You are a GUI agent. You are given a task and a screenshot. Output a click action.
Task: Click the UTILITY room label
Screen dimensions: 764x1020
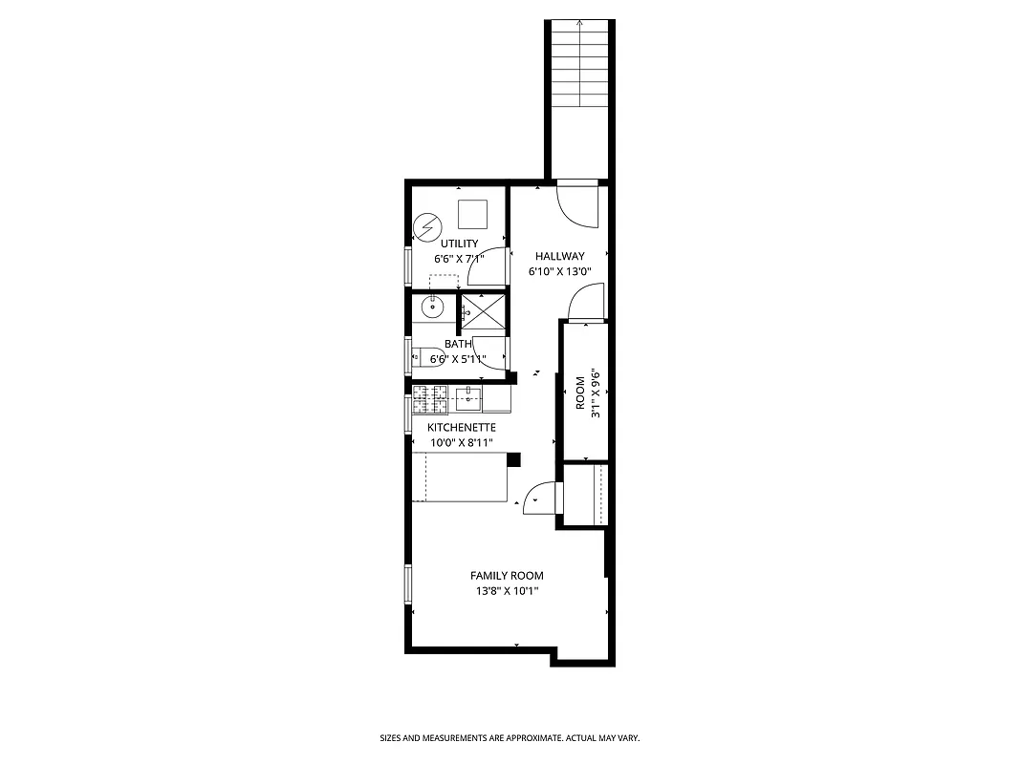coord(459,244)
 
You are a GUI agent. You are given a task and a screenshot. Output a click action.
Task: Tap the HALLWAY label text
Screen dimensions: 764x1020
coord(559,256)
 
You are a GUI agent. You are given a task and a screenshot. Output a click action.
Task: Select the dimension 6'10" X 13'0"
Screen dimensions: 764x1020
coord(560,270)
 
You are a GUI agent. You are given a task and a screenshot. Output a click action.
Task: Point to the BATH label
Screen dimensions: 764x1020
coord(457,344)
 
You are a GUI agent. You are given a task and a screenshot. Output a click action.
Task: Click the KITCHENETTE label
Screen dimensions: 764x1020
coord(461,427)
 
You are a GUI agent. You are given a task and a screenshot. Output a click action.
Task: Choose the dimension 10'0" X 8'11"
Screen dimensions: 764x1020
coord(461,442)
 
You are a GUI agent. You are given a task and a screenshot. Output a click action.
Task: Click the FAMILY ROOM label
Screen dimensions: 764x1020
coord(507,575)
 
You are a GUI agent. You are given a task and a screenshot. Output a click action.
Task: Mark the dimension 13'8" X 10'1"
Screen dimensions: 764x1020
coord(507,590)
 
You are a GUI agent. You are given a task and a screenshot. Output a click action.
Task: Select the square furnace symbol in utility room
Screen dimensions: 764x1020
coord(473,214)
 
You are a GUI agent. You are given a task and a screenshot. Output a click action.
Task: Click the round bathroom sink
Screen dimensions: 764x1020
coord(431,306)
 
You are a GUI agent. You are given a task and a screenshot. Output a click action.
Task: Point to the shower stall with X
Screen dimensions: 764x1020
coord(485,312)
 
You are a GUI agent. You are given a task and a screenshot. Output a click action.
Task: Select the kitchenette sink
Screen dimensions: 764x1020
coord(467,396)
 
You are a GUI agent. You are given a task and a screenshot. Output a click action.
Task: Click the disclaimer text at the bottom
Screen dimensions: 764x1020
coord(510,738)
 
